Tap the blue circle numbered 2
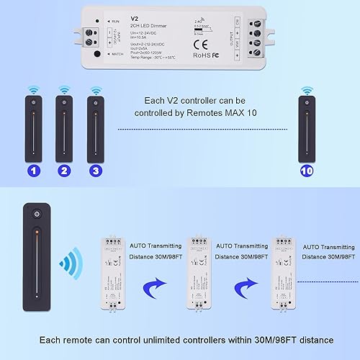[x=64, y=171]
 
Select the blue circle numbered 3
[x=96, y=171]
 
